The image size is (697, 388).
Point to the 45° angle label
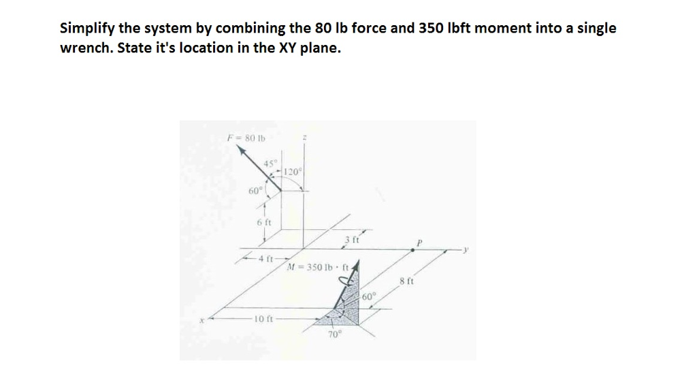coord(271,163)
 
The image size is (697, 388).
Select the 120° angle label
coord(293,172)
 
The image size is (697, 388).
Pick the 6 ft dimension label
coord(264,223)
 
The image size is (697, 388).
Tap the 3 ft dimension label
coord(351,240)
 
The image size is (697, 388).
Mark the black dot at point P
coord(413,250)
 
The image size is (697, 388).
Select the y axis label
coord(466,250)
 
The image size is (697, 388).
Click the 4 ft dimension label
coord(266,259)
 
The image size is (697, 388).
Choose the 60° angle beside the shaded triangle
coord(369,297)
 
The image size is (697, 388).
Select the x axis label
coord(201,319)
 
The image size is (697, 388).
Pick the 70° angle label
coord(334,336)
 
